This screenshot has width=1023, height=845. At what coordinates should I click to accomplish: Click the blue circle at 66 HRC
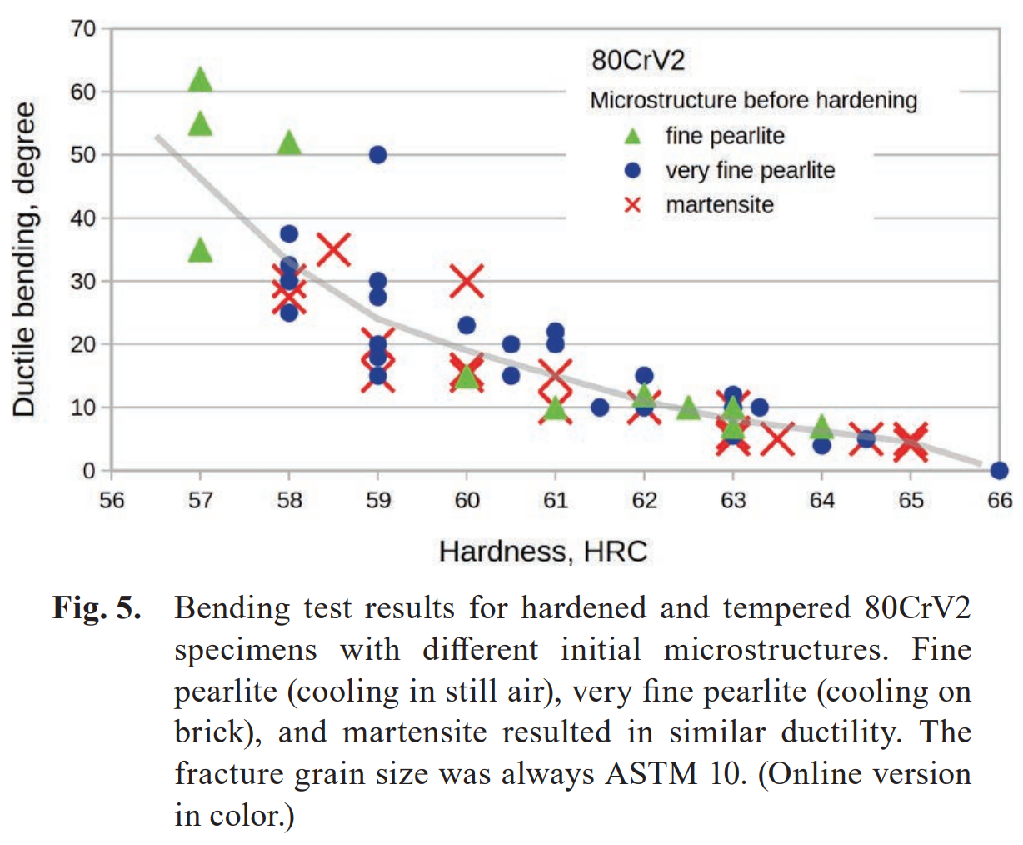(x=999, y=471)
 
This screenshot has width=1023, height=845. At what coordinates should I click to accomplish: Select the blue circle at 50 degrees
(x=377, y=155)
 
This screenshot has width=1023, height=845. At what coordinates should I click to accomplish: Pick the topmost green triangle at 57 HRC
(x=200, y=81)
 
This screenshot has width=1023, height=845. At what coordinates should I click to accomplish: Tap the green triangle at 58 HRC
(x=289, y=143)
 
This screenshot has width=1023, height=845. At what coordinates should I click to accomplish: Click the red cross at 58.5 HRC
(x=334, y=249)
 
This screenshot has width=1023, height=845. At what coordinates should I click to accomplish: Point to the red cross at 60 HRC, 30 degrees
(x=467, y=281)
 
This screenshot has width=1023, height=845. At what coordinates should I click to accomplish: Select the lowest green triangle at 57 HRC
(x=200, y=250)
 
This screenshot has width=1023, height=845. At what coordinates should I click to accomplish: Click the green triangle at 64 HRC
(x=821, y=427)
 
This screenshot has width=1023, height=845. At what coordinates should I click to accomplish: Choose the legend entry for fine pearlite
(x=725, y=136)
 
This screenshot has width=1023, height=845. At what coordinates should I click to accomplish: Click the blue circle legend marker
(x=633, y=171)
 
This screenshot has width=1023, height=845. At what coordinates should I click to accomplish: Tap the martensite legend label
(x=720, y=205)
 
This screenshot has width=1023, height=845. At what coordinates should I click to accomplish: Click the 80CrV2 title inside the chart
(x=638, y=61)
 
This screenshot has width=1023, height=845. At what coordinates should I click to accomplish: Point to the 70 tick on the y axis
(x=83, y=29)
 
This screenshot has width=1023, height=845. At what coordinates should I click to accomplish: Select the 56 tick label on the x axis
(x=112, y=500)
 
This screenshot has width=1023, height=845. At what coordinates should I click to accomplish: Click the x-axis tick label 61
(x=555, y=500)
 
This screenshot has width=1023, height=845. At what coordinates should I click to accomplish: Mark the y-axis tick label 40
(x=83, y=218)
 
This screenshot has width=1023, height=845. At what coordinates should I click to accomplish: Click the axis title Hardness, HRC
(x=543, y=552)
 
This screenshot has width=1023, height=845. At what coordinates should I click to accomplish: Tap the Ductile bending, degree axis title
(x=24, y=259)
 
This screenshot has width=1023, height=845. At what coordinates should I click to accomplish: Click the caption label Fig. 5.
(x=97, y=608)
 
